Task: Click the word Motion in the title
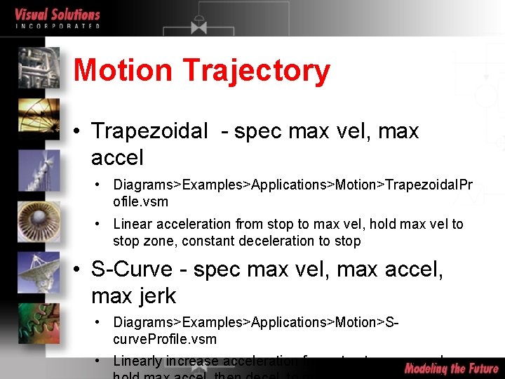[123, 70]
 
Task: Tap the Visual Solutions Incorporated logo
[58, 18]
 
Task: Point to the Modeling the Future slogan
[452, 368]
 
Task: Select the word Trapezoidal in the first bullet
[149, 131]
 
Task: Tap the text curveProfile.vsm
[165, 339]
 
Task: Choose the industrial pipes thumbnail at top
[39, 67]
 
